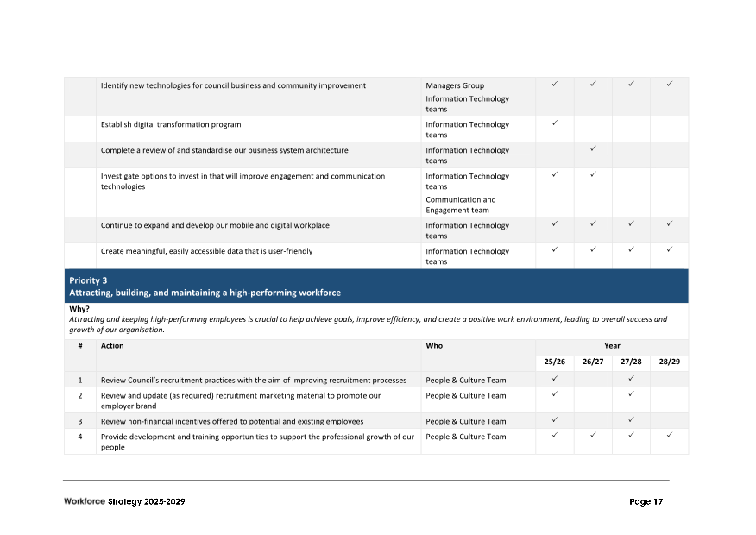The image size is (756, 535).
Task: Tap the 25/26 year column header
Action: [554, 362]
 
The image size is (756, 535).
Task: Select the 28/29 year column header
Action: [669, 362]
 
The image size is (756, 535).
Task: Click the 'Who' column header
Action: [434, 345]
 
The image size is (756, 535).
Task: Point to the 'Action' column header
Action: [112, 345]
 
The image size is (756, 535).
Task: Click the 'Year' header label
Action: [612, 345]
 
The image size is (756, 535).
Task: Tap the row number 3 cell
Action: [80, 421]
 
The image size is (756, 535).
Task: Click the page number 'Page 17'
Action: [646, 502]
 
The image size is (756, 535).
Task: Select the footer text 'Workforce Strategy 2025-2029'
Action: [124, 502]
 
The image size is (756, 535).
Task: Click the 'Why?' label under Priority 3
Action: [79, 309]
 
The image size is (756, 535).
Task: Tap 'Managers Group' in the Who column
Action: [455, 85]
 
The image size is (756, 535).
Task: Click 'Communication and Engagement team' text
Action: [460, 205]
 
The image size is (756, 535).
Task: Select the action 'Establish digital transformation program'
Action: [171, 124]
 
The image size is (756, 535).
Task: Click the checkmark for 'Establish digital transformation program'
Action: [555, 123]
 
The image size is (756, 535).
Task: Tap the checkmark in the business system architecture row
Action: [593, 149]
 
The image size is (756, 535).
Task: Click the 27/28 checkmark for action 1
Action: [631, 379]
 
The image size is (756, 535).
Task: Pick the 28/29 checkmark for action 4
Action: [669, 436]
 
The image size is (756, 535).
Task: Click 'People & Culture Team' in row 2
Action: [466, 395]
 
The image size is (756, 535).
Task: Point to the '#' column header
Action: [80, 345]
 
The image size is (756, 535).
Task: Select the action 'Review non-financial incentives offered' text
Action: [232, 421]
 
